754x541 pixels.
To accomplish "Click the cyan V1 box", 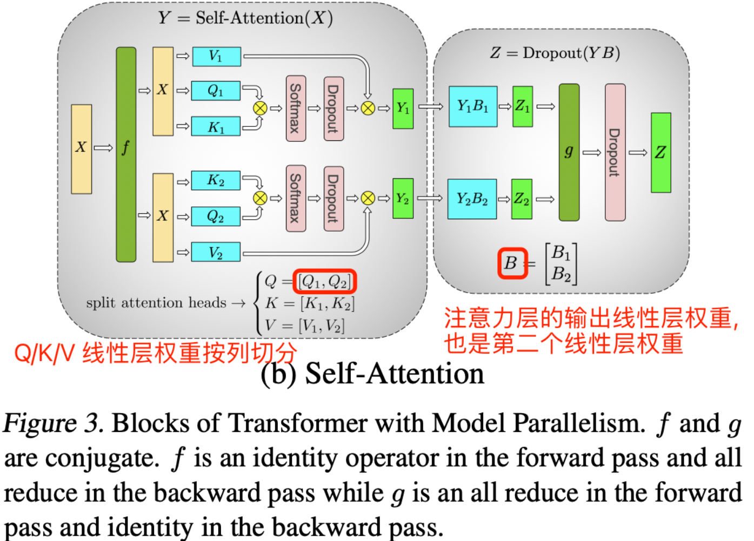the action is (x=217, y=57).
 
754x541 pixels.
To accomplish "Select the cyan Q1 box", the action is (x=216, y=91).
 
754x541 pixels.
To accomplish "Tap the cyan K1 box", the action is (x=216, y=126).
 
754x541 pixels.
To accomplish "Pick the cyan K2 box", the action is (x=216, y=180).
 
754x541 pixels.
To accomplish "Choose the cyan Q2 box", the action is (x=216, y=216).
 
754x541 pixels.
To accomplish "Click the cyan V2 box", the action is (x=216, y=252).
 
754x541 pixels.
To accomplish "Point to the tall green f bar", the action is (x=126, y=154).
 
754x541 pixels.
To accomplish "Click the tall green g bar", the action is (x=569, y=152).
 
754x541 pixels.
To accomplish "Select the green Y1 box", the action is (x=403, y=109).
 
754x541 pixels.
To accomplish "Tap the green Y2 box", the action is (x=403, y=198).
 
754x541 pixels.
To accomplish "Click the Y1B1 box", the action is (x=473, y=106).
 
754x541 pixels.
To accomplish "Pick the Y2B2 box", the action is (x=472, y=199).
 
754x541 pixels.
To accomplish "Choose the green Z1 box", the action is (x=523, y=106).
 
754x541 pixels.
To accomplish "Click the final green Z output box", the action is (x=661, y=153).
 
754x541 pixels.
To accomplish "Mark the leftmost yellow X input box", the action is (x=82, y=149).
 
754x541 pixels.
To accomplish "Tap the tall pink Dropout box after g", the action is (x=615, y=152).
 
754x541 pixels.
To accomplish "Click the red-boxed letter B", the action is (x=512, y=263).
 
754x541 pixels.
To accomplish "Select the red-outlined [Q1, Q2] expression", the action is (x=325, y=281).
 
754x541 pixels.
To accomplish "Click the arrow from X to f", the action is (x=103, y=148).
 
